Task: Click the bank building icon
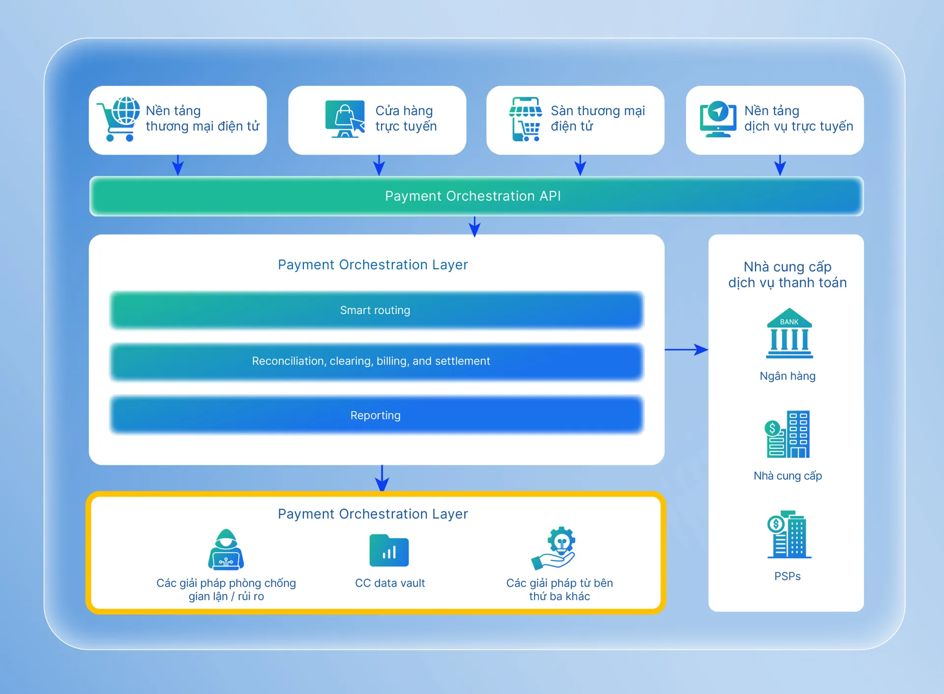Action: [x=789, y=333]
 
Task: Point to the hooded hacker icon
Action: [x=226, y=550]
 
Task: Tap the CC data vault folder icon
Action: [x=389, y=550]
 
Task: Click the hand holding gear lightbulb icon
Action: [x=554, y=548]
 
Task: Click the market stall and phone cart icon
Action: [x=525, y=119]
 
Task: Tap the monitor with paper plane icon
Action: [x=718, y=119]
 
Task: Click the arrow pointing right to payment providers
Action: [x=686, y=349]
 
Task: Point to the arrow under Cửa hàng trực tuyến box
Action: [x=379, y=165]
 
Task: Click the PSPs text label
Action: [x=787, y=576]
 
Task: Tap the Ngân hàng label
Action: [x=787, y=376]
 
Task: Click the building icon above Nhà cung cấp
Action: [x=787, y=435]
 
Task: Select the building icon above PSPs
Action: [x=789, y=535]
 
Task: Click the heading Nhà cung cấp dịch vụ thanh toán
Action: [x=787, y=275]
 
